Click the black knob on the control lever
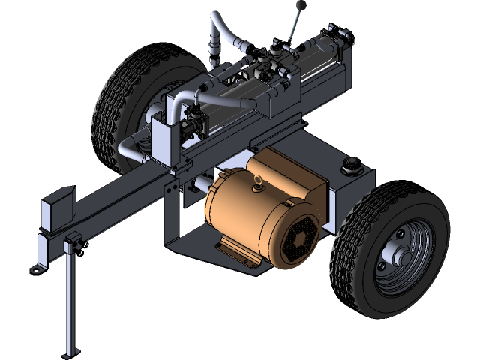301,7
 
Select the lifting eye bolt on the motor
257,180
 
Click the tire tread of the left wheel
105,112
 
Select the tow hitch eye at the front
35,267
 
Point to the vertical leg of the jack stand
71,300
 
